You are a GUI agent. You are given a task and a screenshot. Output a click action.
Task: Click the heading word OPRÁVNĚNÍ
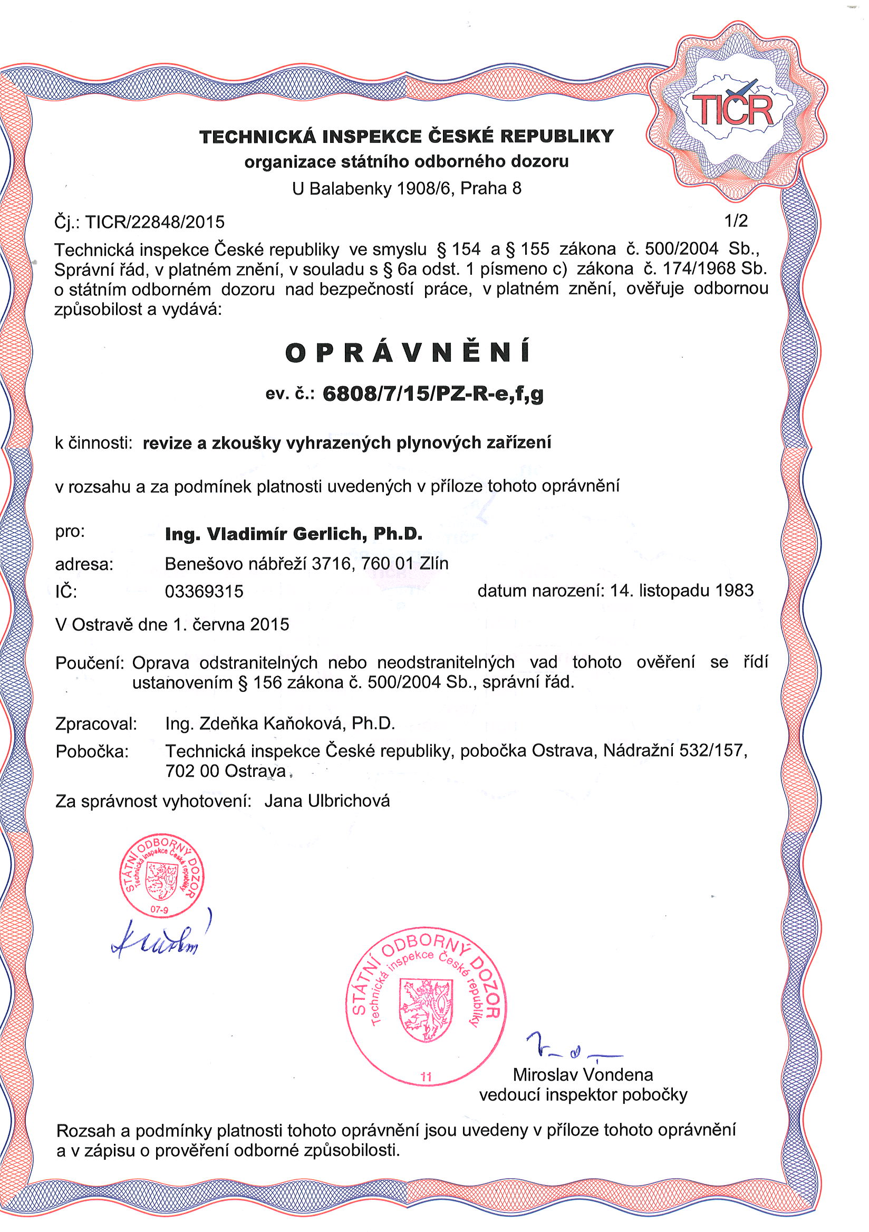[408, 353]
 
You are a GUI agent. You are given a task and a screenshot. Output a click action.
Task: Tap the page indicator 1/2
[736, 220]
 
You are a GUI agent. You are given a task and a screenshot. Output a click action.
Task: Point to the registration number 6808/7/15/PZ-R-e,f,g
[433, 394]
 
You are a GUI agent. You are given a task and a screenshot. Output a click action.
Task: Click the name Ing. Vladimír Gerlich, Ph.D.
[293, 534]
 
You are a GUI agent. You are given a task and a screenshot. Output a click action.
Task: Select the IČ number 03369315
[204, 591]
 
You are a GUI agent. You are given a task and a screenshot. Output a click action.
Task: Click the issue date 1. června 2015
[230, 624]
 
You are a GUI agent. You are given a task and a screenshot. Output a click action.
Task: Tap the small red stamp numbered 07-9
[161, 876]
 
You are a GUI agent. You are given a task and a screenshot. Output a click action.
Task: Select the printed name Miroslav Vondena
[583, 1075]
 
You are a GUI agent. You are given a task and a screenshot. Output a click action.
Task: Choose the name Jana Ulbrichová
[327, 801]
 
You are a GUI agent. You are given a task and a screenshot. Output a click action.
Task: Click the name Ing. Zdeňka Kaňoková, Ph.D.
[280, 724]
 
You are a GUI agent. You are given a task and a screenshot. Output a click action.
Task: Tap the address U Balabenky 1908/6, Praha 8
[407, 188]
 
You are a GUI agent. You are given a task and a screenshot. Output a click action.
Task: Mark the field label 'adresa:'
[84, 564]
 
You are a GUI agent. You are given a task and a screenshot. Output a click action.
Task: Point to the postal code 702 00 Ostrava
[225, 771]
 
